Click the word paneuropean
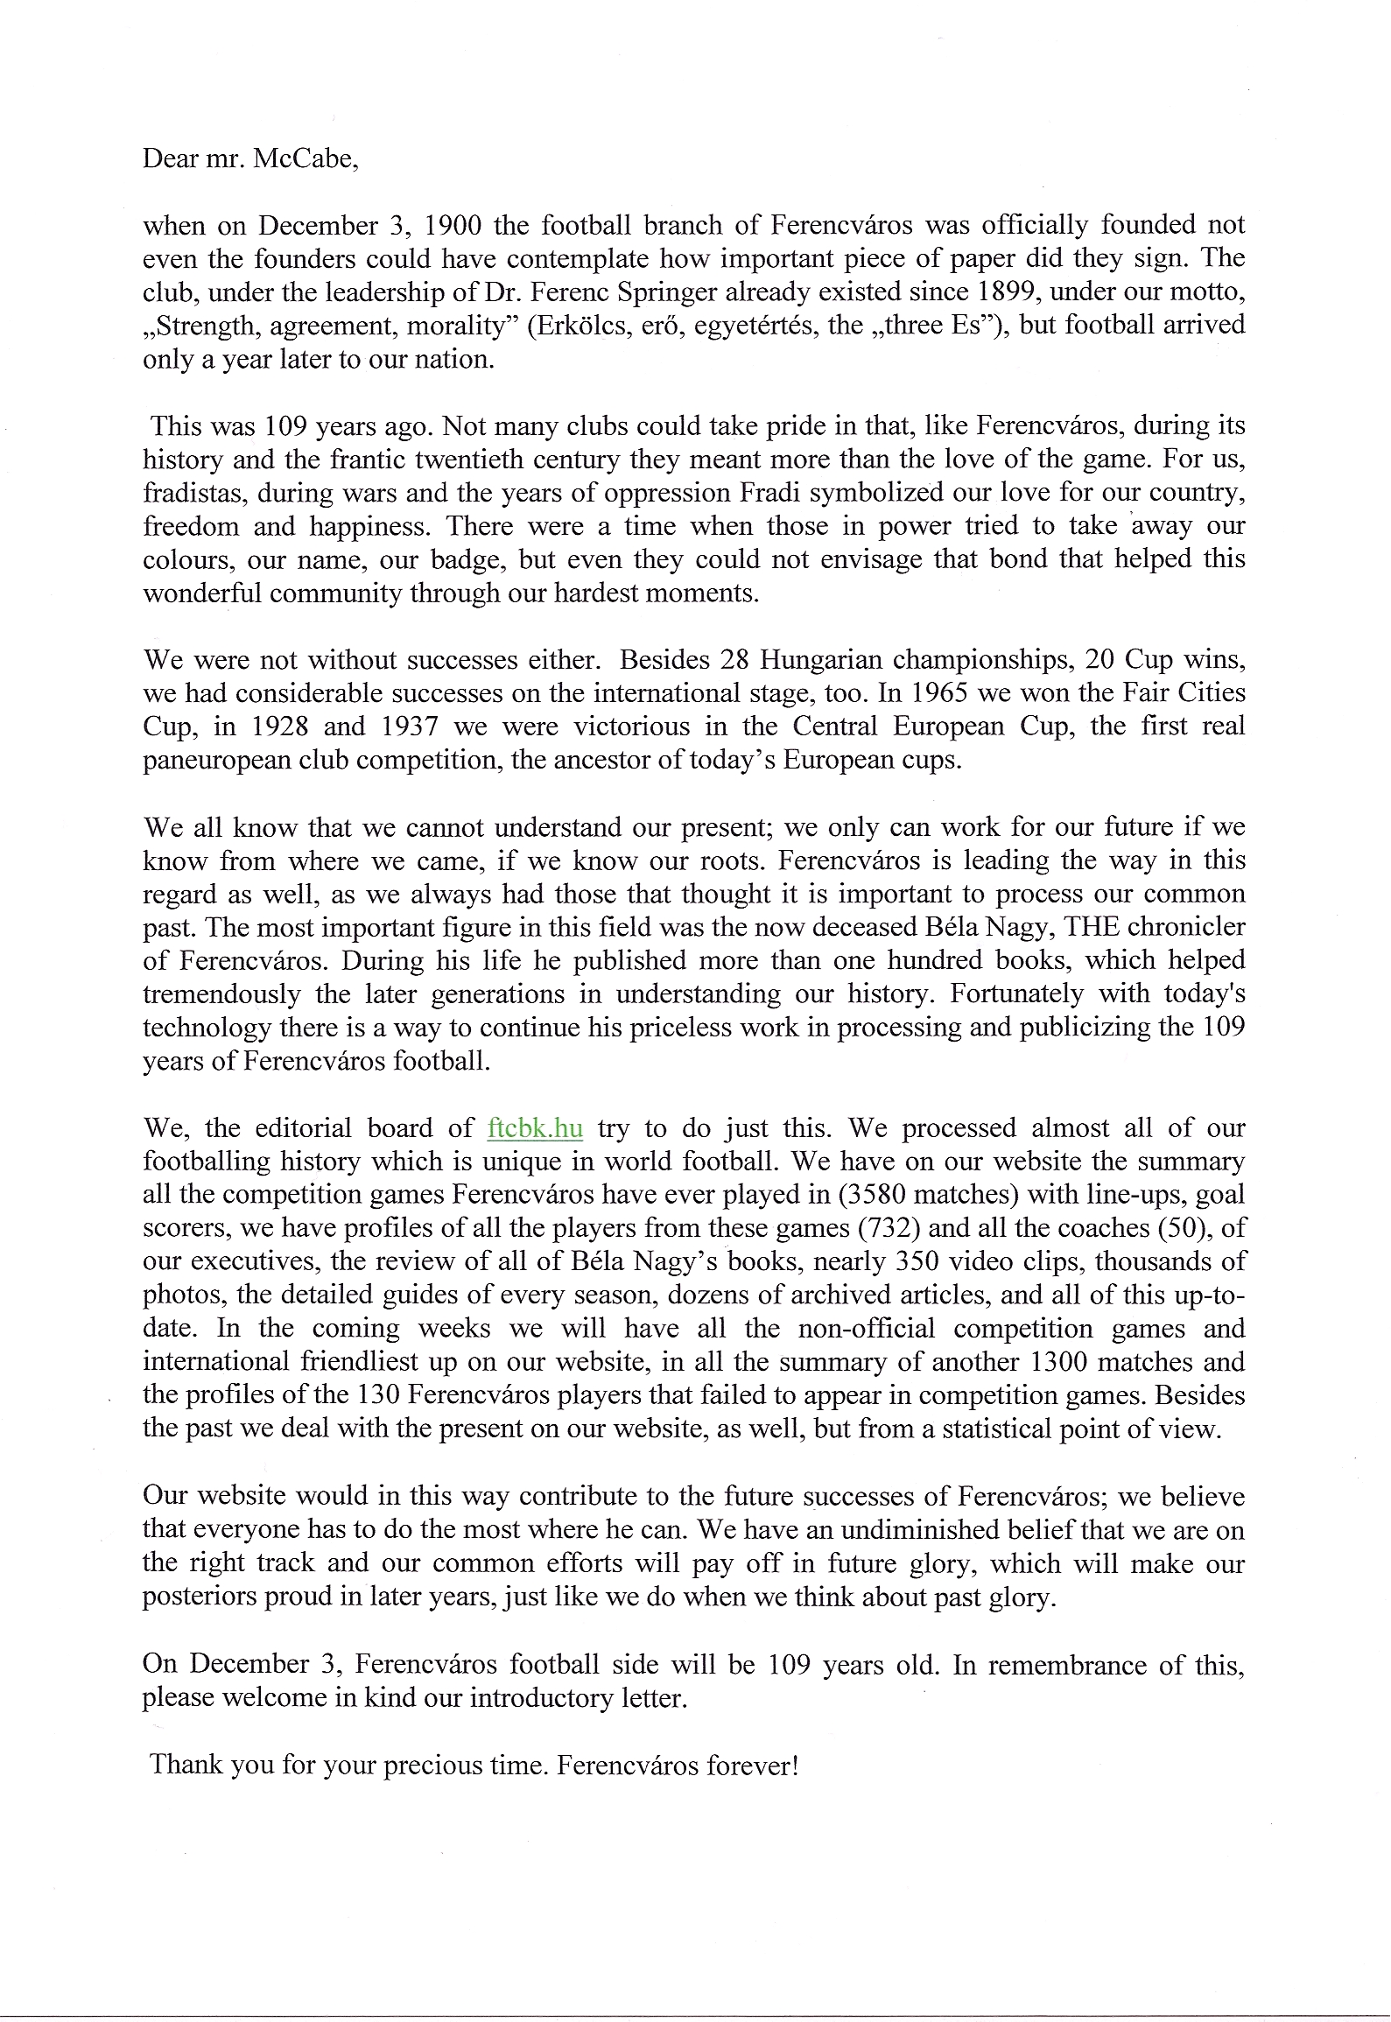tap(211, 760)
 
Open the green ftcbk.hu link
tap(534, 1127)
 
